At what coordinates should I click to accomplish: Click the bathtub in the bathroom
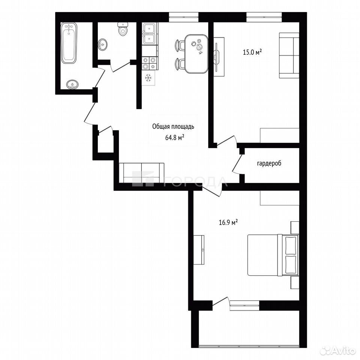tap(69, 43)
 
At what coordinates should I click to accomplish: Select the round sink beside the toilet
tap(102, 44)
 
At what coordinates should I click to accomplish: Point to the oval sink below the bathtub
tap(72, 84)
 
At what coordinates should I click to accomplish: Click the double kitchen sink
tap(150, 33)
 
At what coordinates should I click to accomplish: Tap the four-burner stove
tap(150, 63)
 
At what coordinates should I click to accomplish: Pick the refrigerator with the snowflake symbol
tap(148, 78)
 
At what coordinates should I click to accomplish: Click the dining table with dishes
tap(196, 54)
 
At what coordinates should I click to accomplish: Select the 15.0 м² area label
tap(252, 52)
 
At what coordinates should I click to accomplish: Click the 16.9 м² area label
tap(228, 222)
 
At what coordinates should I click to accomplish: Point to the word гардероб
tap(269, 163)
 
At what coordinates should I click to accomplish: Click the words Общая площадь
tap(173, 126)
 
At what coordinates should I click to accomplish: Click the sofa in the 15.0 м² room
tap(289, 55)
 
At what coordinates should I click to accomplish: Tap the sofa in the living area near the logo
tap(142, 173)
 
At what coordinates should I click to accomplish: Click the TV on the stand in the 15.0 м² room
tap(216, 57)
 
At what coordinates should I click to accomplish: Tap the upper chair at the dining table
tap(180, 45)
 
